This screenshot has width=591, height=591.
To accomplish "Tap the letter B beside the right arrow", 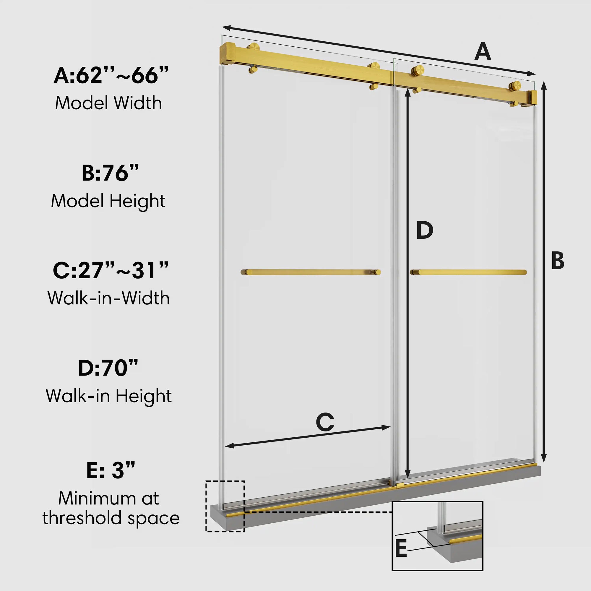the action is [x=558, y=261].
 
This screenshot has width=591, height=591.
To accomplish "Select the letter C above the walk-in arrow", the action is [x=325, y=423].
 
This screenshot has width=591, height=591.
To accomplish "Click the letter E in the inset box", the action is [x=401, y=548].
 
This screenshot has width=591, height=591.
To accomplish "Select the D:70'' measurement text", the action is [x=108, y=368].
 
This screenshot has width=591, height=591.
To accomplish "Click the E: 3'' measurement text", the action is [x=111, y=470].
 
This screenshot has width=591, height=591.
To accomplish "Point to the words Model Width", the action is [x=108, y=103].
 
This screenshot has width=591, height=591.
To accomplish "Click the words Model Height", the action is [x=108, y=201].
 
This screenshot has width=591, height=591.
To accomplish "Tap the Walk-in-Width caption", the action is [x=108, y=298].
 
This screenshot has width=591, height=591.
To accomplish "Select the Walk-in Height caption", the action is [x=108, y=396].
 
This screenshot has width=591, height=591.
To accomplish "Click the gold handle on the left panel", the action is [x=311, y=272].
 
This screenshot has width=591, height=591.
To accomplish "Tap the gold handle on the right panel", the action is [x=468, y=272].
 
